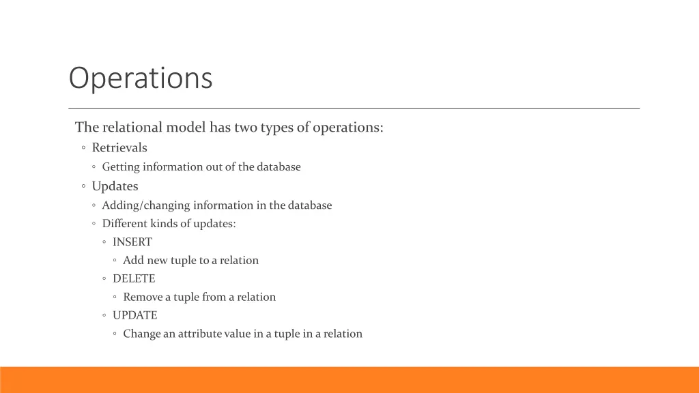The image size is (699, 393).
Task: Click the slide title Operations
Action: click(x=141, y=78)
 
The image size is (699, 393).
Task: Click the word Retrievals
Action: click(x=119, y=148)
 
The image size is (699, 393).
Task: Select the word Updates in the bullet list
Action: click(x=115, y=186)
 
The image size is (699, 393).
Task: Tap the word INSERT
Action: click(x=132, y=242)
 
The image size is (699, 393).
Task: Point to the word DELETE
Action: click(x=134, y=279)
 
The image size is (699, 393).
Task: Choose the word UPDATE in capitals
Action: click(x=134, y=316)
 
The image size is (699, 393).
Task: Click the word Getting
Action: click(x=120, y=167)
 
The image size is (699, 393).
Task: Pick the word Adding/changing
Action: click(x=146, y=205)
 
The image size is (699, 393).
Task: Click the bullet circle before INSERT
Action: click(x=104, y=242)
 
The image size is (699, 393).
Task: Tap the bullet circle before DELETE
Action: click(x=104, y=279)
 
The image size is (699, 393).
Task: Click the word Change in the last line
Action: click(x=141, y=334)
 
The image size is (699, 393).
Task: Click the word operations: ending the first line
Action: click(x=348, y=128)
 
